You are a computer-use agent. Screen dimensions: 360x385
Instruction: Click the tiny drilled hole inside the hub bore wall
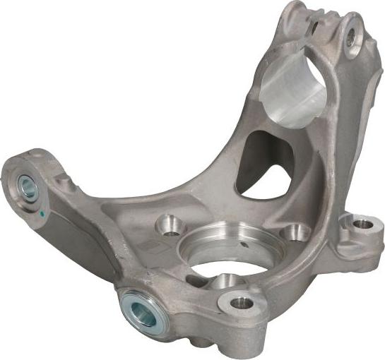click(x=244, y=245)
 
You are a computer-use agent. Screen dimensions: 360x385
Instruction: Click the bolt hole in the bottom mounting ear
click(x=242, y=304)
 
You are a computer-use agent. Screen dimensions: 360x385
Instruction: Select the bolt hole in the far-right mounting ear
click(x=362, y=224)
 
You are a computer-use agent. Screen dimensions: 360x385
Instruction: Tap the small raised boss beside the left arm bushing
click(x=64, y=183)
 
